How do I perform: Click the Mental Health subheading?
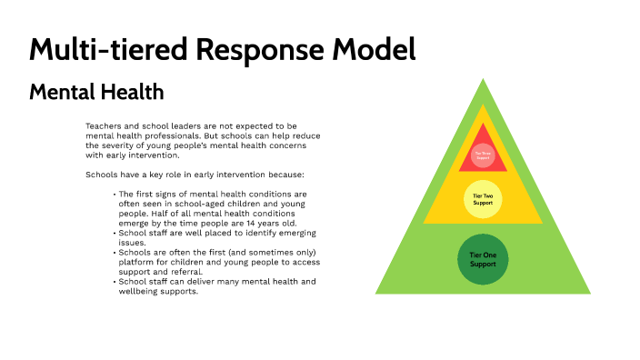tap(96, 92)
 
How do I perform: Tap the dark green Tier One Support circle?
tap(483, 259)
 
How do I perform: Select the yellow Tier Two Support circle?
tap(483, 199)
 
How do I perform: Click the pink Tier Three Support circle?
tap(483, 155)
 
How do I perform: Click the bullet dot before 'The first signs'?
tap(115, 195)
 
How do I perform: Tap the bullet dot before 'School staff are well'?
tap(115, 233)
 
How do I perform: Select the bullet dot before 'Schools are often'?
tap(115, 252)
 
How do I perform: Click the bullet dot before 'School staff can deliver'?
tap(115, 282)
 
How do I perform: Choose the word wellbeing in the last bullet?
tap(141, 291)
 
